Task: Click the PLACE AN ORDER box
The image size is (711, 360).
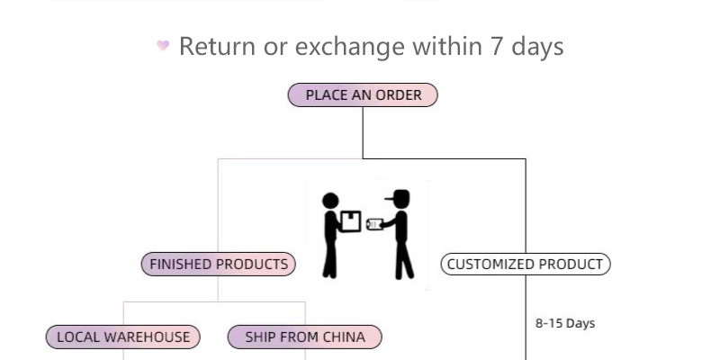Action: (363, 95)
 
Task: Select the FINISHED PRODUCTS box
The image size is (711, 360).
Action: (219, 265)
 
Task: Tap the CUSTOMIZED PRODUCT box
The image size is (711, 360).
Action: (526, 265)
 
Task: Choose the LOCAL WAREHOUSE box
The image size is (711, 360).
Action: (123, 337)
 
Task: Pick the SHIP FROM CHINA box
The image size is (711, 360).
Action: (305, 337)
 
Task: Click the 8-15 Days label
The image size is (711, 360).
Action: (565, 323)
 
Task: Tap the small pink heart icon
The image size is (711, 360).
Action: (163, 46)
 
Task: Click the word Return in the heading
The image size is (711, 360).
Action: (217, 46)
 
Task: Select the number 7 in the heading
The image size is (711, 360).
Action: (497, 46)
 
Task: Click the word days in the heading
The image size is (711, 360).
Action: (538, 46)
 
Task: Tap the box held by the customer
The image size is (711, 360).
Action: (350, 220)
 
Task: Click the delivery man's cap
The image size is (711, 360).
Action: (398, 196)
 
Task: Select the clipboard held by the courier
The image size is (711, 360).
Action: (375, 224)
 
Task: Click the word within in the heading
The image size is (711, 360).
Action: (447, 46)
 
